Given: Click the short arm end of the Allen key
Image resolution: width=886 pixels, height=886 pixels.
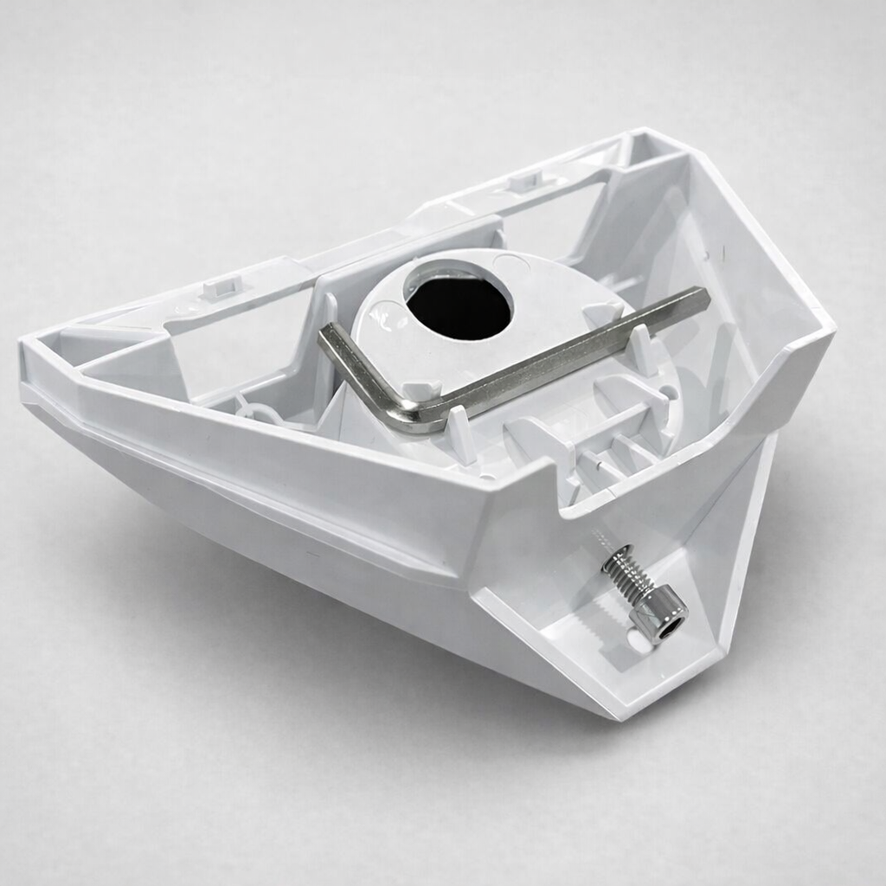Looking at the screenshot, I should tap(327, 337).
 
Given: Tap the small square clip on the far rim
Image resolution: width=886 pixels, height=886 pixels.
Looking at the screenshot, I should tap(524, 181).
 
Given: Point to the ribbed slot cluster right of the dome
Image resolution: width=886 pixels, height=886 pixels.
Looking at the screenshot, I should tap(606, 450).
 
